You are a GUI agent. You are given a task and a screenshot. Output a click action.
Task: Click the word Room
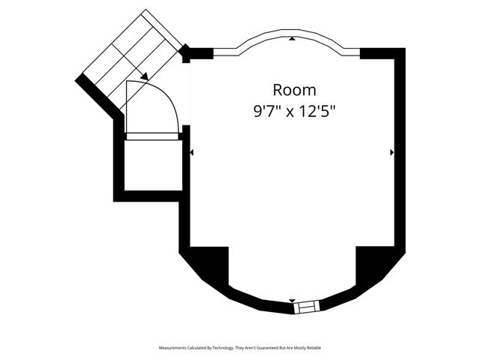coord(289,91)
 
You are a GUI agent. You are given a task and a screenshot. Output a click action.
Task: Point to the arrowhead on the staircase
coord(142,75)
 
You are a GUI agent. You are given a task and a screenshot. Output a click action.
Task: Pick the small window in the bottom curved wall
coord(306,307)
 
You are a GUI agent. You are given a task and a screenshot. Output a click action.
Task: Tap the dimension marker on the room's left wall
coord(192,152)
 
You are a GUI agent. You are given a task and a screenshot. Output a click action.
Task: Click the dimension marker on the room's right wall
coord(391,152)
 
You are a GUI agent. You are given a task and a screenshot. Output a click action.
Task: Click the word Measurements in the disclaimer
coord(175,349)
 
